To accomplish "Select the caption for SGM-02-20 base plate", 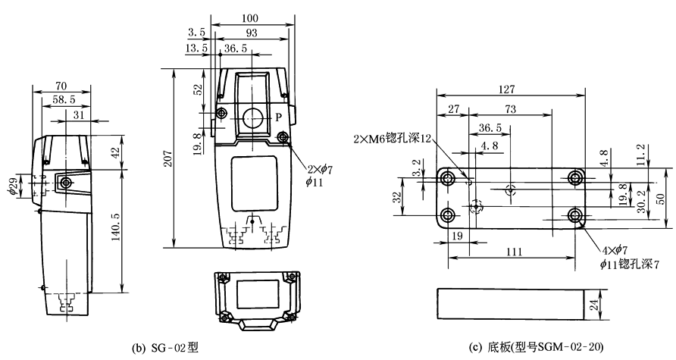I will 537,348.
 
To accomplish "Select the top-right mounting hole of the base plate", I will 576,178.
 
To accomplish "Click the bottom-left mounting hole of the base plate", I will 448,214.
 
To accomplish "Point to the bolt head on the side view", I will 67,183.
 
